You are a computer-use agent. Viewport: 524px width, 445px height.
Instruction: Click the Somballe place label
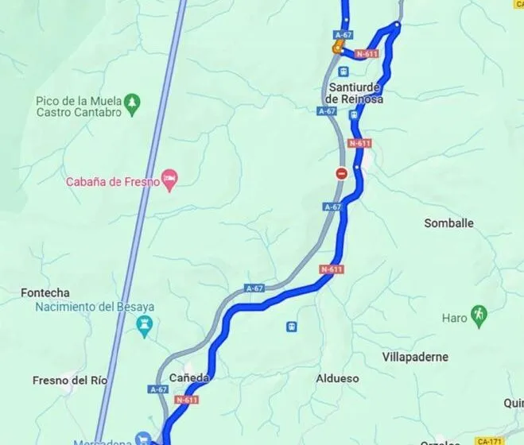(448, 223)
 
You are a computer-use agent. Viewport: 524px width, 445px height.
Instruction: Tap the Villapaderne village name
(415, 358)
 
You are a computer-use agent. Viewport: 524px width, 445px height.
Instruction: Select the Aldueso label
(338, 379)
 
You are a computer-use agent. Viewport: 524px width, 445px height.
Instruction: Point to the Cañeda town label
(189, 378)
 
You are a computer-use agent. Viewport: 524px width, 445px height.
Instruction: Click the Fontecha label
(45, 293)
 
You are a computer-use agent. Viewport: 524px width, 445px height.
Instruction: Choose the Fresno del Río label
(70, 380)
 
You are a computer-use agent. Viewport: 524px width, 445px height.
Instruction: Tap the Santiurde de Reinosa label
(355, 92)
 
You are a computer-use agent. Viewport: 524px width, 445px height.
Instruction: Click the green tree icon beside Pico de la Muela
(132, 101)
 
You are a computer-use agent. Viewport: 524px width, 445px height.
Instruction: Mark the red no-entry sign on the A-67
(341, 172)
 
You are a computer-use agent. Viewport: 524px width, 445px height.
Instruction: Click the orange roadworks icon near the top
(337, 48)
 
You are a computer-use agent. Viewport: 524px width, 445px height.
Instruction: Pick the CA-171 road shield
(491, 440)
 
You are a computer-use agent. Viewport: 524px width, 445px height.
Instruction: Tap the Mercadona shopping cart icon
(142, 438)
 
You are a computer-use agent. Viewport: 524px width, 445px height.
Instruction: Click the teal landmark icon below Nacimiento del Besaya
(144, 324)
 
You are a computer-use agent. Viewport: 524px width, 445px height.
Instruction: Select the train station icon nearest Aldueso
(292, 326)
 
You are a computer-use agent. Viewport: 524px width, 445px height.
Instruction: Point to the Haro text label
(455, 319)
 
